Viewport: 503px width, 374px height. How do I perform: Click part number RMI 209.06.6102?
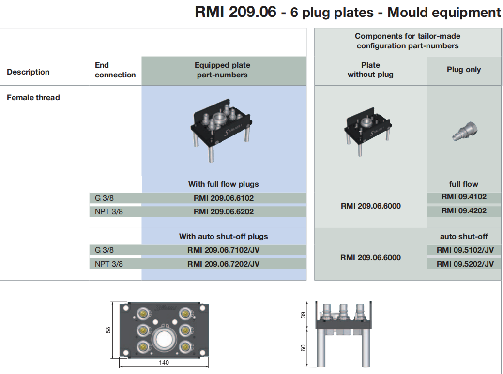point(224,198)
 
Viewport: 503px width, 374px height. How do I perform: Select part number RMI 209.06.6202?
point(224,211)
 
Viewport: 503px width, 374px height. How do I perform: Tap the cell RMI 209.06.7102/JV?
point(224,250)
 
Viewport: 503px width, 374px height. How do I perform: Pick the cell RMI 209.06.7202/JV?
point(224,264)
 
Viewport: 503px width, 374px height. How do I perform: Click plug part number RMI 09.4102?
point(464,197)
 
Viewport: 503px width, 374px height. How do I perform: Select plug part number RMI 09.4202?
point(464,211)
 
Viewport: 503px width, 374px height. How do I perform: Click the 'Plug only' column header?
point(463,70)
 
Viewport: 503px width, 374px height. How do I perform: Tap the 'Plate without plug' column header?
point(370,70)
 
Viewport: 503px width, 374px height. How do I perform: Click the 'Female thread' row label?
point(33,97)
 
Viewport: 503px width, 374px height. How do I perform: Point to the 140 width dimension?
point(164,363)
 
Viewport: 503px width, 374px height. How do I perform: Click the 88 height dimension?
point(108,329)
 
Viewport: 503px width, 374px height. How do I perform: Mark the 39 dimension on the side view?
point(304,315)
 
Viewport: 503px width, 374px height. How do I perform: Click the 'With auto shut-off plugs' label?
point(223,237)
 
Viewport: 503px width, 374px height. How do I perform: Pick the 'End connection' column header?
point(115,70)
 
